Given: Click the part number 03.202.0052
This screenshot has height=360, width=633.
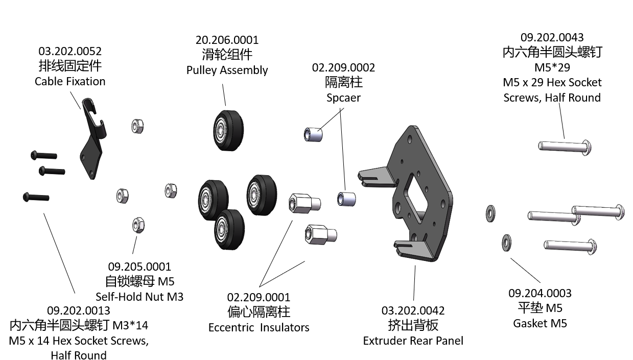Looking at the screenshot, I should [x=70, y=51].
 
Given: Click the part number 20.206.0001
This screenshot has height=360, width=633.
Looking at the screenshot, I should [x=227, y=40].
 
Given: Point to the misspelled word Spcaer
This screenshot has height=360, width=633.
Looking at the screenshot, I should [x=343, y=98].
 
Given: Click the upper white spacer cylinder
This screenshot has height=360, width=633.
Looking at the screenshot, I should [x=313, y=135].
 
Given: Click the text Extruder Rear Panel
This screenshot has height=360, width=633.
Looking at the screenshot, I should [x=413, y=341].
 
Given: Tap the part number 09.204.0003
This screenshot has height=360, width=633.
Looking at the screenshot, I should [x=540, y=293].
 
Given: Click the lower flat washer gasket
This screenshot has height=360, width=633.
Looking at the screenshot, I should [x=506, y=243].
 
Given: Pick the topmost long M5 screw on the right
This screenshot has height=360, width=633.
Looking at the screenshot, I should [x=565, y=147].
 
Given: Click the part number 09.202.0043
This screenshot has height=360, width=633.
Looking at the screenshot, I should [x=552, y=37].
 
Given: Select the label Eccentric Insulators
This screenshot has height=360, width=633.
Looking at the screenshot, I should [x=259, y=327].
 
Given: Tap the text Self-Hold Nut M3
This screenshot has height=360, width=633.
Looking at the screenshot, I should [x=139, y=297].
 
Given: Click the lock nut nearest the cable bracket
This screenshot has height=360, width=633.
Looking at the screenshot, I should [x=137, y=126].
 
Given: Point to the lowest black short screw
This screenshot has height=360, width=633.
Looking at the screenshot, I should [x=36, y=197].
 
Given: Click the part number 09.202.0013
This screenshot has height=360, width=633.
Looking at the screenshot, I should [x=78, y=310].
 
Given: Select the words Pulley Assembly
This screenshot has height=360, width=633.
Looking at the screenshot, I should [x=227, y=70].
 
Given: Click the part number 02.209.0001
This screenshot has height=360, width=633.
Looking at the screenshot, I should [x=259, y=297].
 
